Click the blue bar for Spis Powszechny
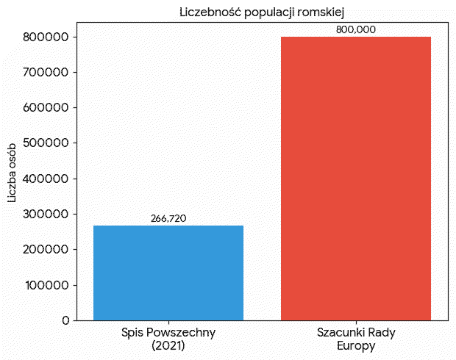point(168,273)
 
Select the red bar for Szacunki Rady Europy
point(356,179)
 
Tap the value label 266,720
point(168,218)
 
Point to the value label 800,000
point(356,29)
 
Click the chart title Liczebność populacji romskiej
point(263,12)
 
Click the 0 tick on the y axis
point(65,320)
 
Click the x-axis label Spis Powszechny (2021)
point(168,339)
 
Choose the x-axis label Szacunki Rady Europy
point(356,339)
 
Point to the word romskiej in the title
point(321,12)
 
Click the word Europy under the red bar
point(356,345)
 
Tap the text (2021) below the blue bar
point(168,345)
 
